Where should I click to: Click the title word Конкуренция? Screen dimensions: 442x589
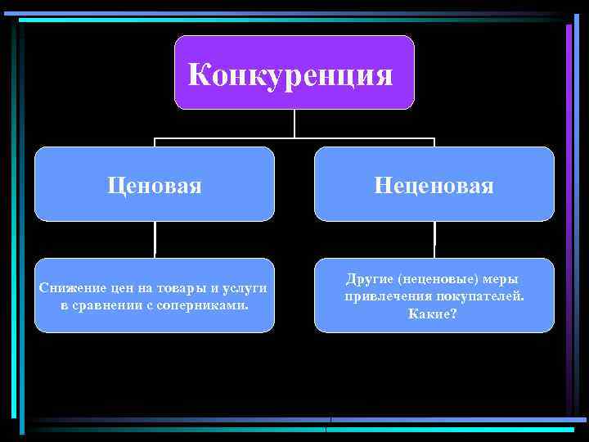[290, 75]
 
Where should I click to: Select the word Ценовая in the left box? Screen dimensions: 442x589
[154, 186]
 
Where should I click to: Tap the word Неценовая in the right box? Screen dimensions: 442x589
[434, 186]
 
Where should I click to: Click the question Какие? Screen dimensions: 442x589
[433, 313]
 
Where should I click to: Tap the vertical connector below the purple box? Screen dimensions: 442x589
[294, 123]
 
